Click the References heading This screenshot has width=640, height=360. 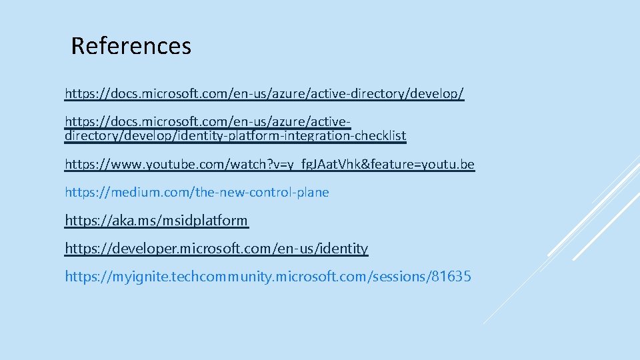coord(131,46)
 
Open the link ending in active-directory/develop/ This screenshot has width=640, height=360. coord(264,93)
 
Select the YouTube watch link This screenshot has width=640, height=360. coord(269,164)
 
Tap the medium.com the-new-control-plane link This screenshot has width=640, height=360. coord(197,192)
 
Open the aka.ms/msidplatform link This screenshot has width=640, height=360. coord(156,220)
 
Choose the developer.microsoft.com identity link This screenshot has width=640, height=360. coord(216,248)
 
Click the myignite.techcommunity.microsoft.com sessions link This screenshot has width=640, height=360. coord(267,276)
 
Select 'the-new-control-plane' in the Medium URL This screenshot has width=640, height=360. coord(262,192)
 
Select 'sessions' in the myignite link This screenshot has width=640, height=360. coord(395,276)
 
